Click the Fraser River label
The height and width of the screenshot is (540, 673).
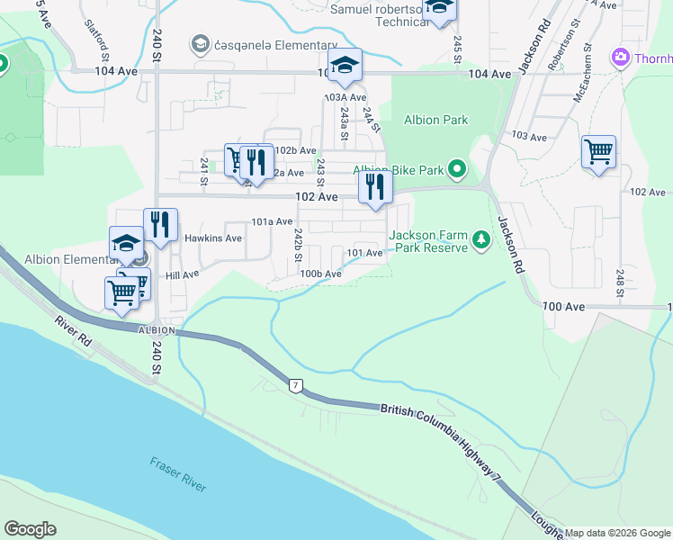[178, 473]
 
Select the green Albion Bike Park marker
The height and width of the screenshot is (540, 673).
[458, 168]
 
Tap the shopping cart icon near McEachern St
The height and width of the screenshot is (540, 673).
[598, 150]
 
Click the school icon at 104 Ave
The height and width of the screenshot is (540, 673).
[344, 64]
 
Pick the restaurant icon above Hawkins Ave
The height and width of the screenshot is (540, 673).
[160, 224]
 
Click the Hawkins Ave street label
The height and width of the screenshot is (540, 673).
[213, 238]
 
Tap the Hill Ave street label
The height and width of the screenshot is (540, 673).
[183, 274]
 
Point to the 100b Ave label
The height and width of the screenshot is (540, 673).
[321, 274]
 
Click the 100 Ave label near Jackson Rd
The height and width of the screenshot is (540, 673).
[565, 307]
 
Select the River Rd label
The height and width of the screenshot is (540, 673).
[73, 333]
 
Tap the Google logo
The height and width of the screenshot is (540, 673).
[31, 529]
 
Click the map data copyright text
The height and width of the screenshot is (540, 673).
[617, 533]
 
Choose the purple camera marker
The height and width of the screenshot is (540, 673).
[620, 59]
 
